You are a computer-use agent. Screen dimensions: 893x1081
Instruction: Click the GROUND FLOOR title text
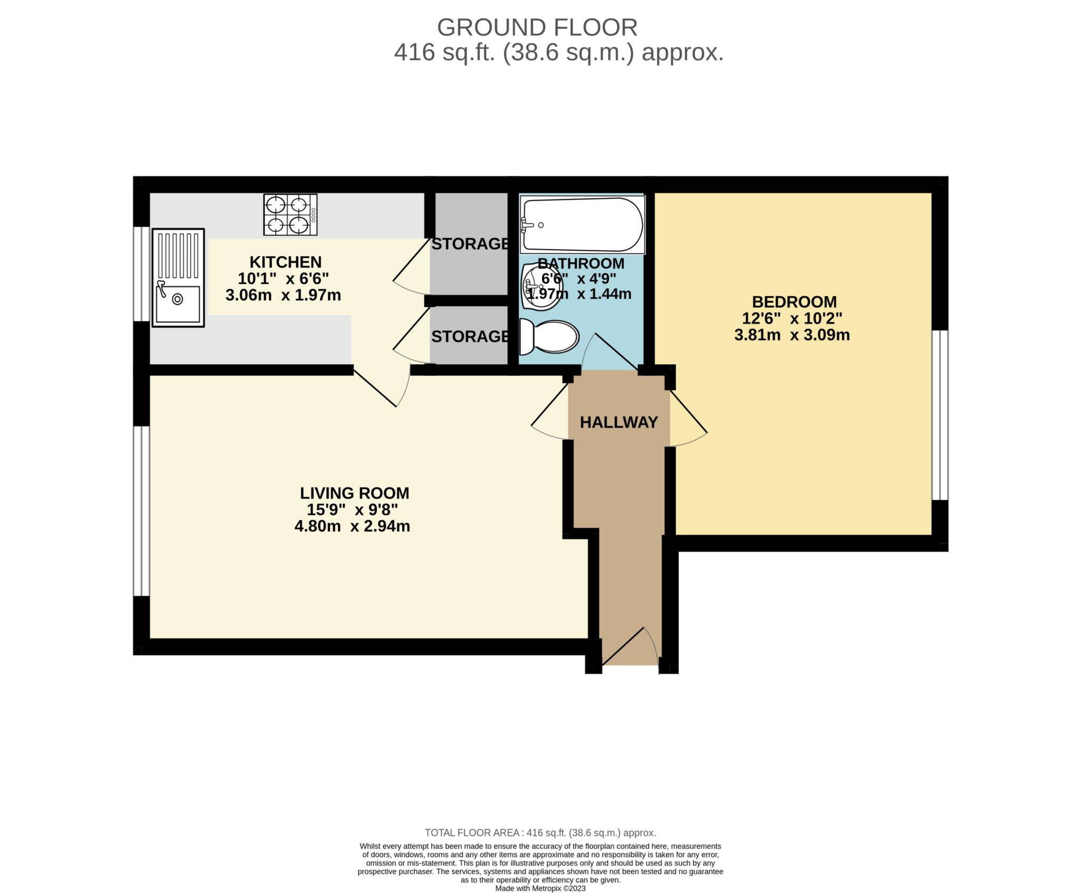[537, 27]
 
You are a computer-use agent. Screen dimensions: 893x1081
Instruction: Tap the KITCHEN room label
[285, 262]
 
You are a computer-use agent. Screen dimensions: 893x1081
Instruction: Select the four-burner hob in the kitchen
[290, 215]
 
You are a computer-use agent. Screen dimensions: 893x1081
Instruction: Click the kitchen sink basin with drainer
[178, 278]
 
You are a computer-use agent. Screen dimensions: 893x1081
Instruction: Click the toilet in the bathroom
[549, 337]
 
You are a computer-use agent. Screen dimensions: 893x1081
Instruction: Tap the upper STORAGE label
[470, 244]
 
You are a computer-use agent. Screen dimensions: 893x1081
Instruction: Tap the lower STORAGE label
[470, 336]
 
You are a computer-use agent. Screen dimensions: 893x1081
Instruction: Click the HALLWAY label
[619, 422]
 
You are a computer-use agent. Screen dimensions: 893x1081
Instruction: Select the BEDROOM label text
[794, 302]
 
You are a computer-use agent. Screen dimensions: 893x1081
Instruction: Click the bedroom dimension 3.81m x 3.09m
[792, 335]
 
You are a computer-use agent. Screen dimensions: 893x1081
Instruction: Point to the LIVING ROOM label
[354, 493]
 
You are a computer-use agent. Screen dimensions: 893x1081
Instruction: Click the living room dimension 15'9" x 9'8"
[352, 510]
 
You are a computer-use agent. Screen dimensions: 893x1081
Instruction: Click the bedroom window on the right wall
[940, 415]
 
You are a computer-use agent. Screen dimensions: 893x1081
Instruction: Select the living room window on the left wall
[141, 511]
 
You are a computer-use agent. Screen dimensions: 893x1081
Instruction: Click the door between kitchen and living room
[382, 388]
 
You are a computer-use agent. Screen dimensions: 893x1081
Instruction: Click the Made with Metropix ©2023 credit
[540, 888]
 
